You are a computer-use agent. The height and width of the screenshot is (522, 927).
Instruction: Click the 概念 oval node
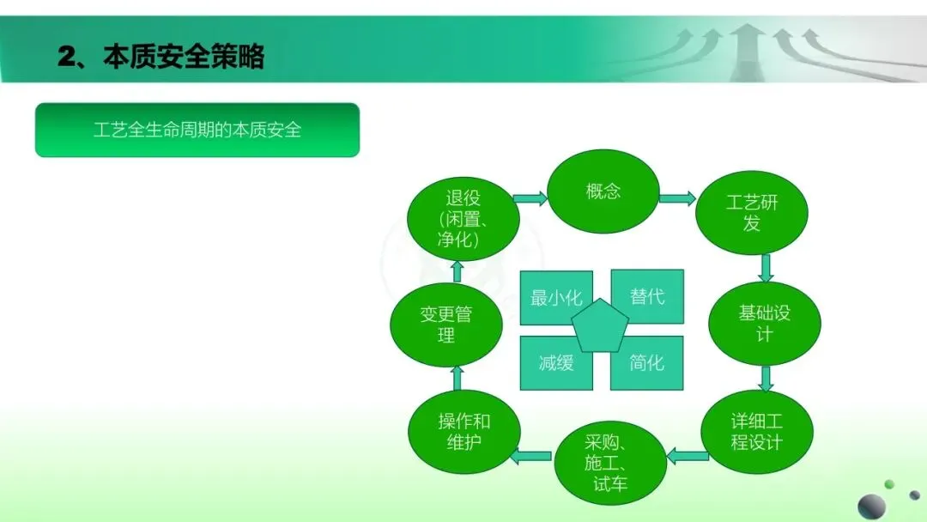pyautogui.click(x=603, y=191)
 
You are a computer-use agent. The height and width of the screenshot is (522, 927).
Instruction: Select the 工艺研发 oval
pyautogui.click(x=751, y=213)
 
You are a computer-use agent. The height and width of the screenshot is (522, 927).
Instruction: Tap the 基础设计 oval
pyautogui.click(x=765, y=324)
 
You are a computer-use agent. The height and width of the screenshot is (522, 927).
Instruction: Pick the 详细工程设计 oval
pyautogui.click(x=757, y=432)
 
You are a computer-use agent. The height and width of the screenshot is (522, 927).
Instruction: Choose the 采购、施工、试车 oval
pyautogui.click(x=610, y=463)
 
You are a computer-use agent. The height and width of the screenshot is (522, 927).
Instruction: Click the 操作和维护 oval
pyautogui.click(x=464, y=432)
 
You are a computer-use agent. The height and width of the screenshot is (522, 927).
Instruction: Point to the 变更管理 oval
pyautogui.click(x=446, y=325)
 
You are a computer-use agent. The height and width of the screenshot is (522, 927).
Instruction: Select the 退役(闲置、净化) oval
pyautogui.click(x=463, y=219)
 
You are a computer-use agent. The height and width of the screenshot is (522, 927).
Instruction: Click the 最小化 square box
pyautogui.click(x=556, y=297)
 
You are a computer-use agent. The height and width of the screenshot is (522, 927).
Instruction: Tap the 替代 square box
pyautogui.click(x=647, y=296)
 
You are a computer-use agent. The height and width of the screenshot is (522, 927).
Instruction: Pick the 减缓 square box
pyautogui.click(x=556, y=363)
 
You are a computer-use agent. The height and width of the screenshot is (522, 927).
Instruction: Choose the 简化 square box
pyautogui.click(x=647, y=363)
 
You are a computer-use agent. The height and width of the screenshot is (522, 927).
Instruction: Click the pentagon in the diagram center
pyautogui.click(x=599, y=326)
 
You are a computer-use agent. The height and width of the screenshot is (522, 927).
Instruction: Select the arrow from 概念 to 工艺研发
pyautogui.click(x=677, y=198)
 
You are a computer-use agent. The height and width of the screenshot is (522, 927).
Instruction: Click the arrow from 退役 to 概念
pyautogui.click(x=530, y=198)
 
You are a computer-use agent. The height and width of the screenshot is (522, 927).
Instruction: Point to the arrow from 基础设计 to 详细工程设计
pyautogui.click(x=766, y=379)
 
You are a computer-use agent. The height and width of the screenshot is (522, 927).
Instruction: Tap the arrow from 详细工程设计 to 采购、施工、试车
pyautogui.click(x=687, y=456)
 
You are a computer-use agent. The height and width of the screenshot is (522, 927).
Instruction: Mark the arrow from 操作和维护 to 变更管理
pyautogui.click(x=457, y=378)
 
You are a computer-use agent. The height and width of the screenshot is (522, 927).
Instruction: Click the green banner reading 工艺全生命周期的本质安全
pyautogui.click(x=197, y=130)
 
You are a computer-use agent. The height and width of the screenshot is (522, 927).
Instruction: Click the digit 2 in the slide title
pyautogui.click(x=68, y=58)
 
